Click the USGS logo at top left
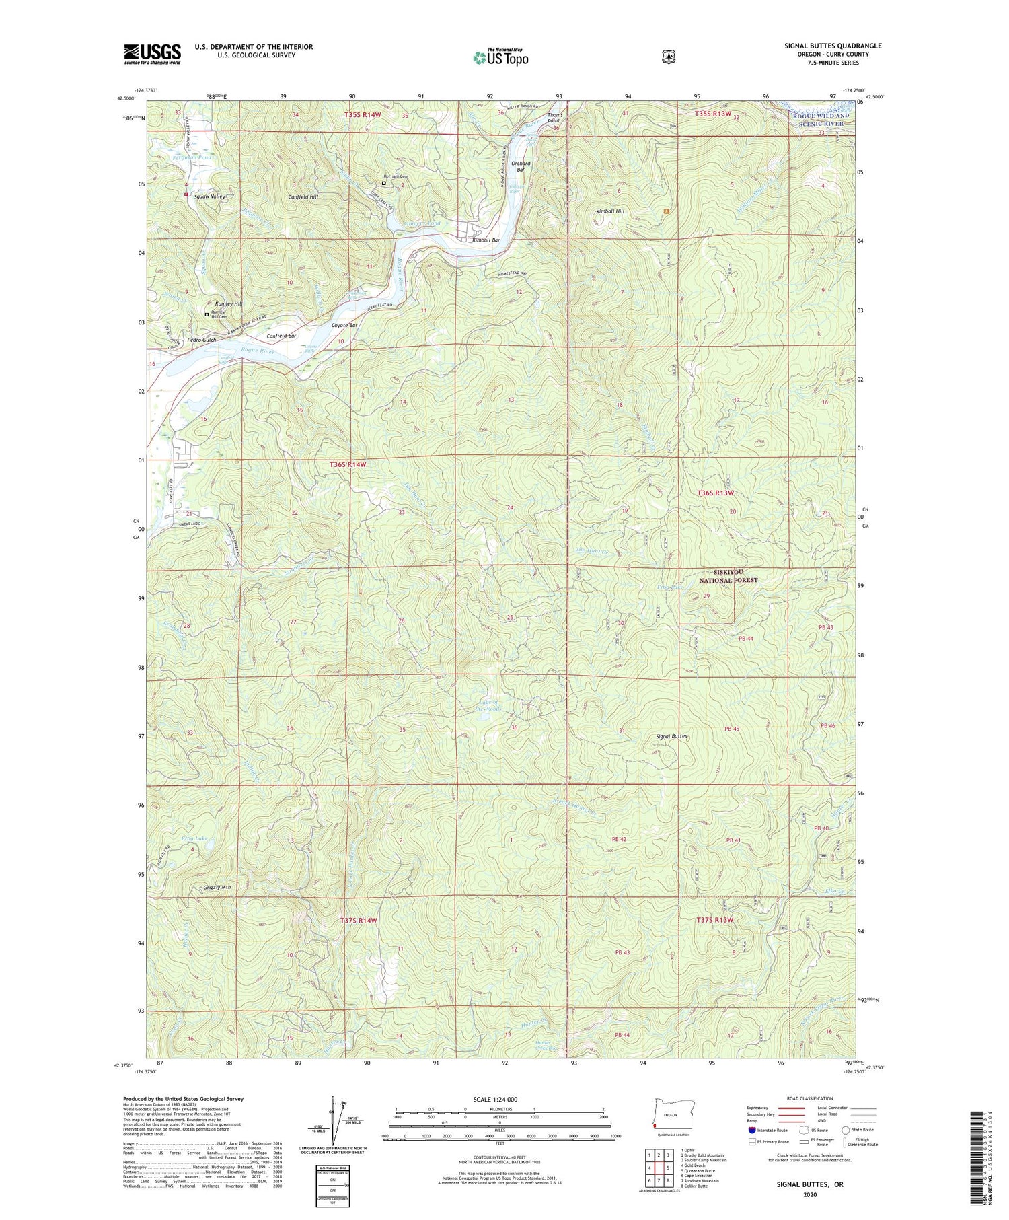click(x=152, y=54)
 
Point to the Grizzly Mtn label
click(x=217, y=888)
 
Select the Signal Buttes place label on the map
click(x=671, y=736)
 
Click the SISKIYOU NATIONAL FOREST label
click(x=728, y=575)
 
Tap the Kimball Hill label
click(x=610, y=211)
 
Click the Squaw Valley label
click(x=209, y=196)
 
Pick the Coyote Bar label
click(x=344, y=326)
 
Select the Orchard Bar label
click(x=521, y=166)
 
